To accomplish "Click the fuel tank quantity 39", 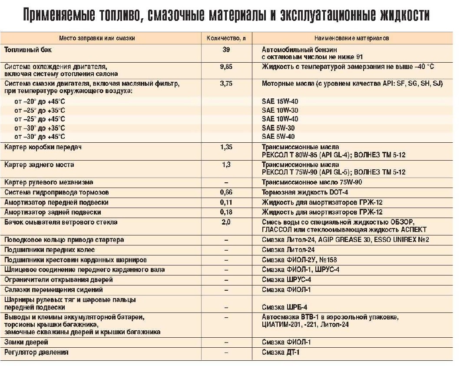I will pos(226,50).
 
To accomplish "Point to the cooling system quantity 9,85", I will pos(226,67).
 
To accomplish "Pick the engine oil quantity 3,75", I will pos(226,83).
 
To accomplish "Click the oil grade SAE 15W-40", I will pos(280,101).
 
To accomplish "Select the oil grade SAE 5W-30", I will pos(278,128).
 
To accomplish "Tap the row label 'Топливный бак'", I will pos(28,50).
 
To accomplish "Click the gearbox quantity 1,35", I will pos(226,147).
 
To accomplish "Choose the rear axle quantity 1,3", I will pos(226,165).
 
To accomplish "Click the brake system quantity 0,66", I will pos(226,192).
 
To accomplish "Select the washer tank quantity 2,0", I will pos(226,222).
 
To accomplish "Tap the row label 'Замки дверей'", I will pos(26,342).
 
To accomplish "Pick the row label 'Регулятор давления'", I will pos(36,352).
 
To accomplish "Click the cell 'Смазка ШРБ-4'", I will pos(284,307).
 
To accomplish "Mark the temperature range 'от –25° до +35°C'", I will pos(40,110).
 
